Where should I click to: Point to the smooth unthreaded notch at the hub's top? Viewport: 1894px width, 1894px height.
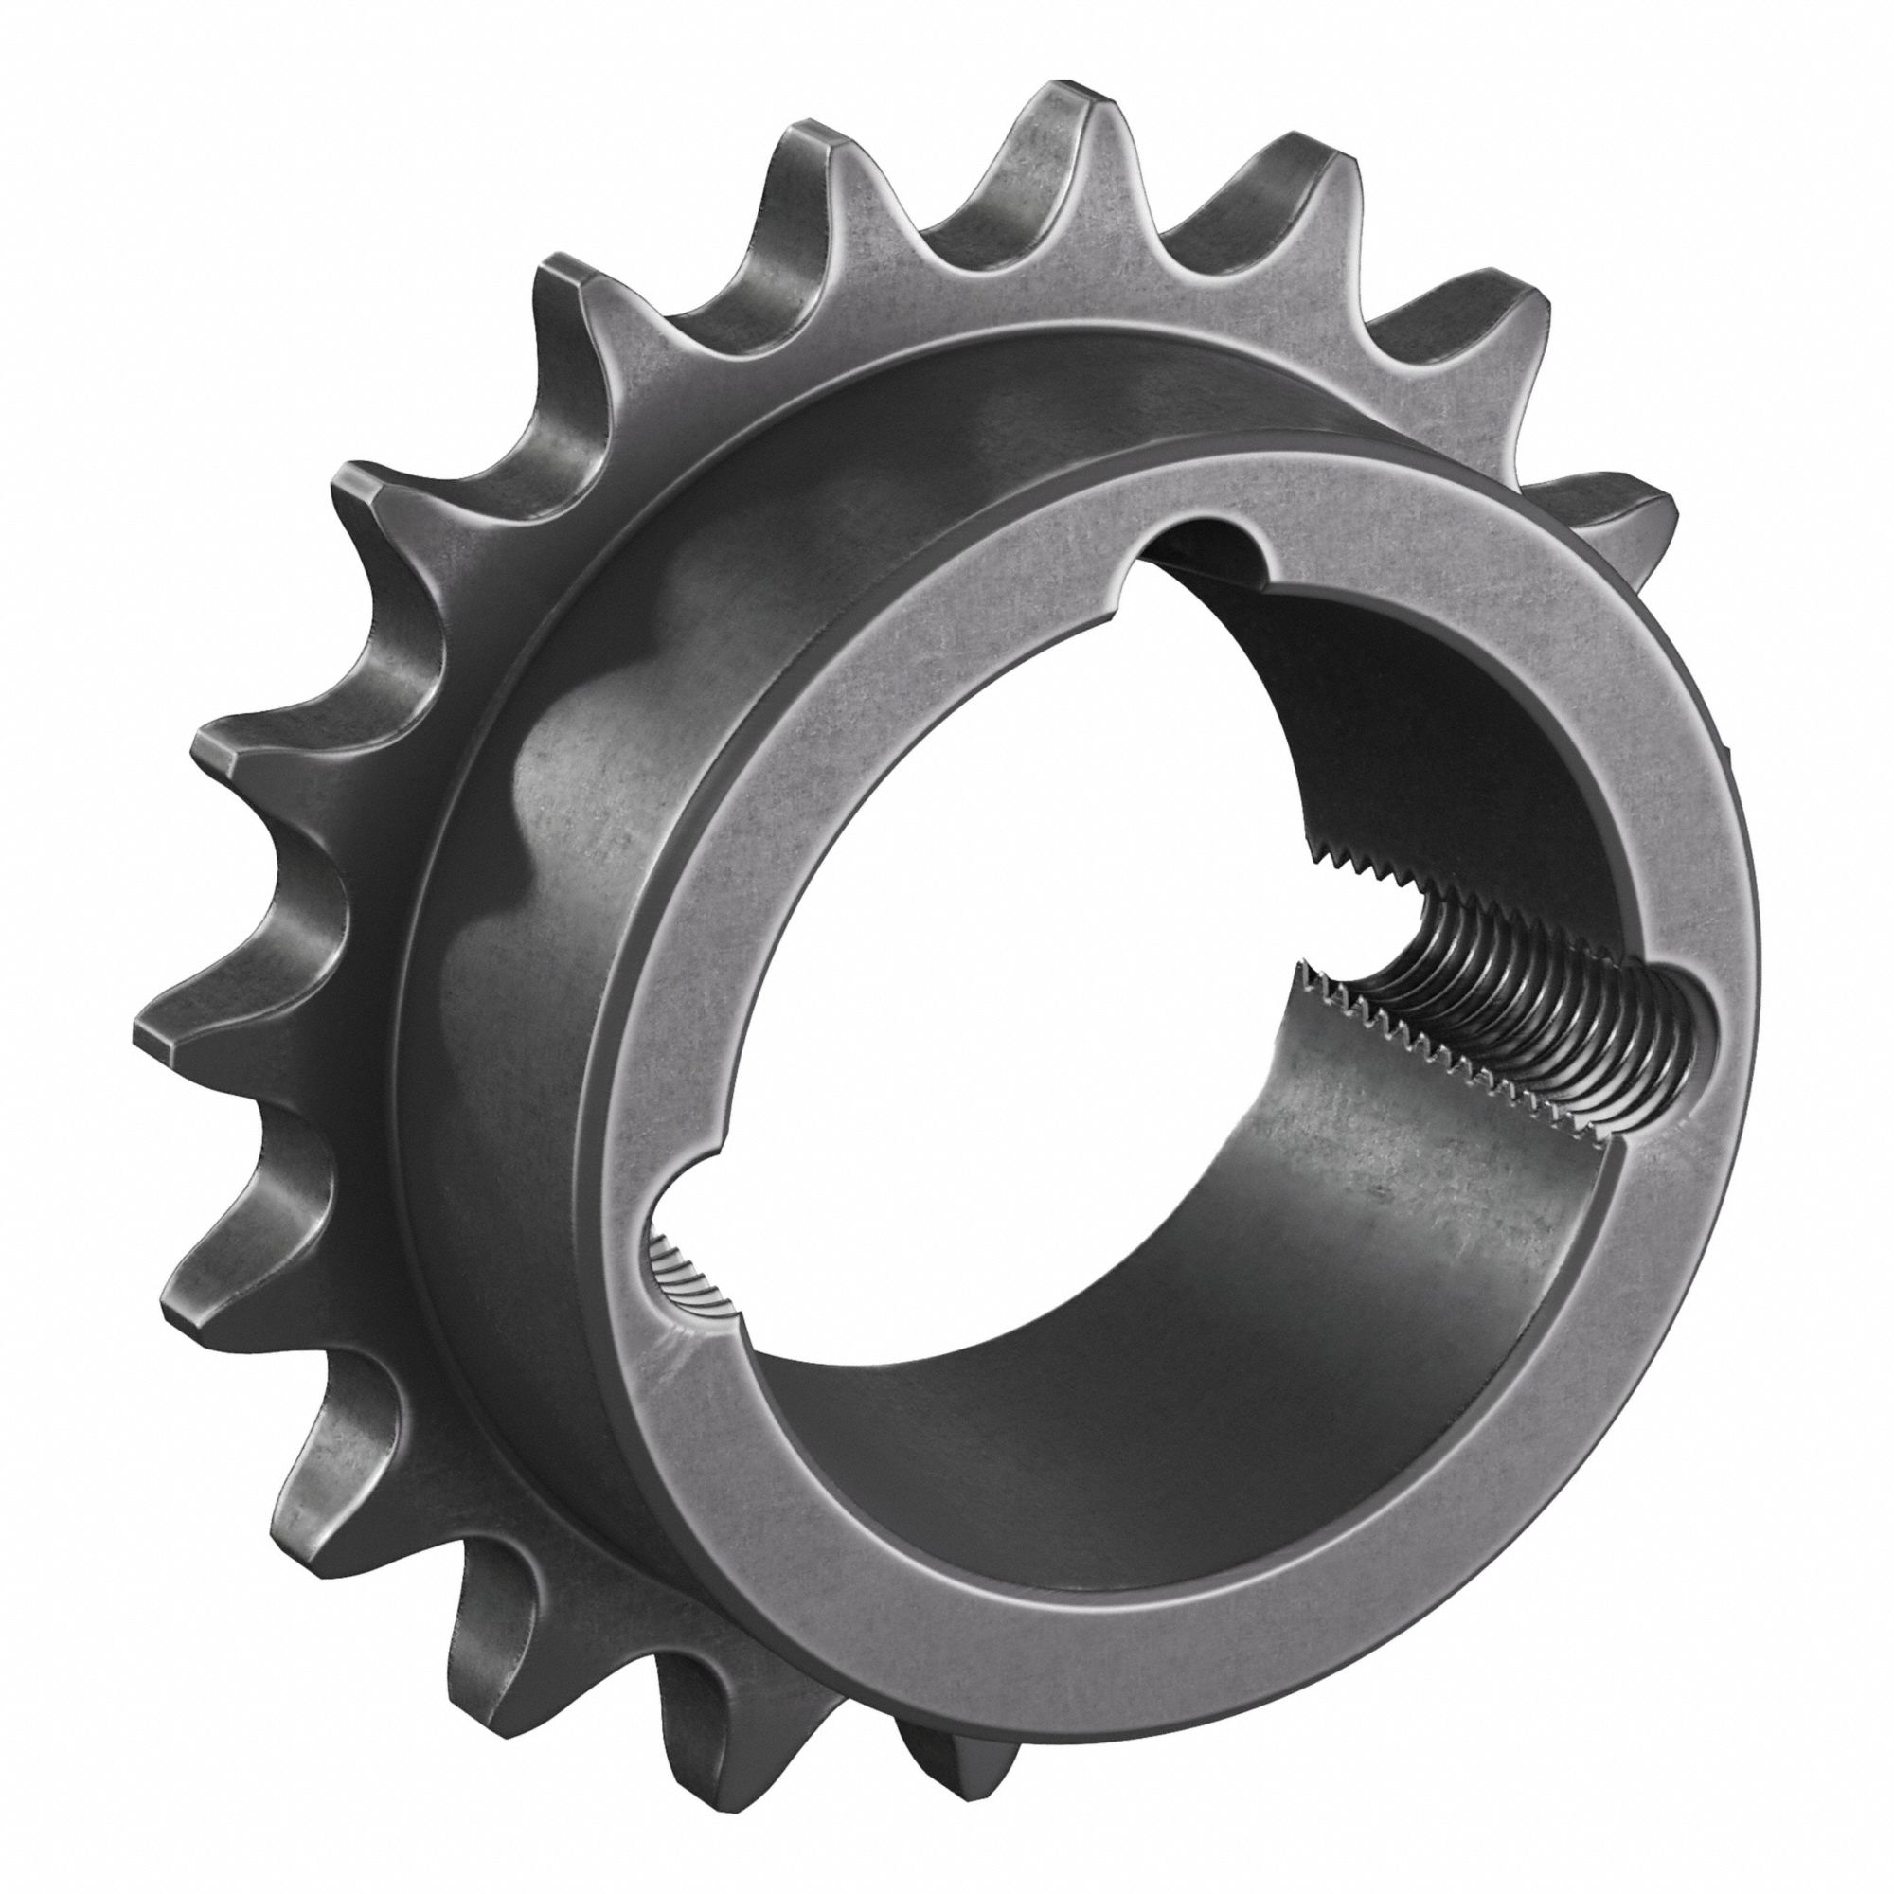[1201, 549]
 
